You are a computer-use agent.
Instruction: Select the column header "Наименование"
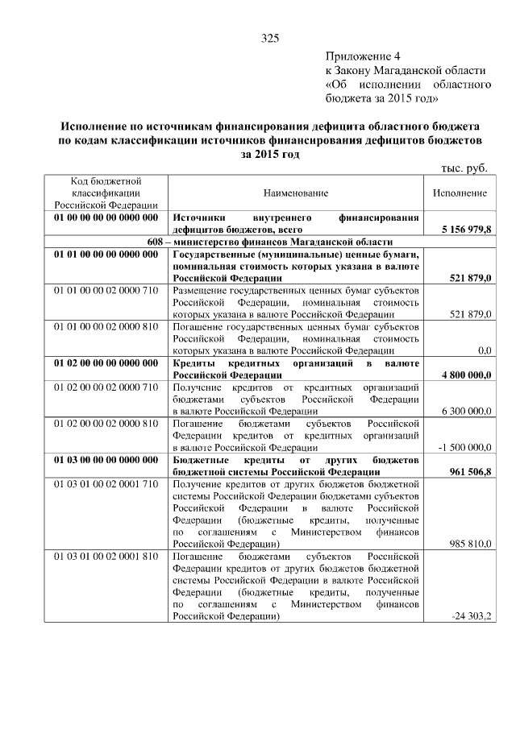pyautogui.click(x=295, y=194)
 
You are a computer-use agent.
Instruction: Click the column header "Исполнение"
pyautogui.click(x=459, y=194)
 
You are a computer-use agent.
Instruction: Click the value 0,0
pyautogui.click(x=484, y=350)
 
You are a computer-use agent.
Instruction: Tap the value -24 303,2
pyautogui.click(x=472, y=616)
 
